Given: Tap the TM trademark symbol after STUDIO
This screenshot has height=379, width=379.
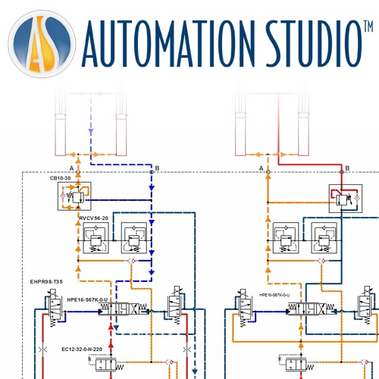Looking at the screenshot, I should pyautogui.click(x=366, y=28).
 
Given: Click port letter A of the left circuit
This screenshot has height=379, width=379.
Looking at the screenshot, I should pyautogui.click(x=70, y=168).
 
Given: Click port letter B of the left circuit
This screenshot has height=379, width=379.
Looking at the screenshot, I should pyautogui.click(x=157, y=168).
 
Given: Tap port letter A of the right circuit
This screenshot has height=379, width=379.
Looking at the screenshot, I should pyautogui.click(x=261, y=168).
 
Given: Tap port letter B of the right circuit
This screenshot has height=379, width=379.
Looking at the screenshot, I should pyautogui.click(x=347, y=168).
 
